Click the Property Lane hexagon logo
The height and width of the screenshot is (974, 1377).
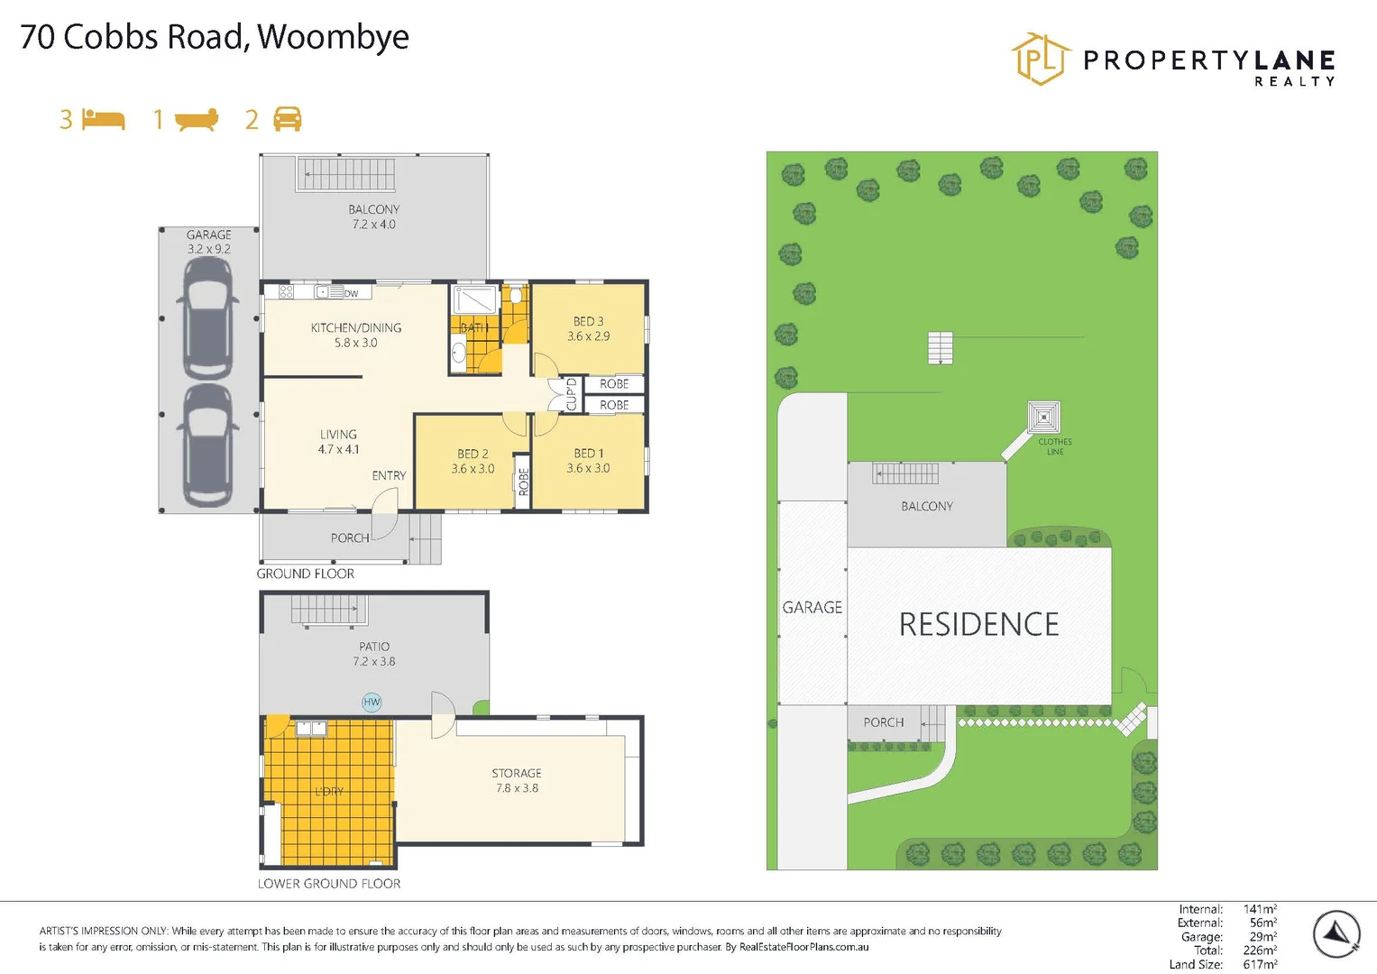1041,60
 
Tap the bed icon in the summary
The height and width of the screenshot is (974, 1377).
104,119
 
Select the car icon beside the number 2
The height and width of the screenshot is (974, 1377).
287,119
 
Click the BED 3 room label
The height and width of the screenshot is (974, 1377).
588,321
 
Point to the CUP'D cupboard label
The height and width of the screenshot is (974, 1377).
571,394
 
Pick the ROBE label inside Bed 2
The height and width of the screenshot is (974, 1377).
523,482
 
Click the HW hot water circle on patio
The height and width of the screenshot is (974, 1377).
372,702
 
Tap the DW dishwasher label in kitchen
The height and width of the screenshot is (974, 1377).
351,293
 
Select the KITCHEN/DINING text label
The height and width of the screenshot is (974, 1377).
356,327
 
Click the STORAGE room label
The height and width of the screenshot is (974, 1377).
517,773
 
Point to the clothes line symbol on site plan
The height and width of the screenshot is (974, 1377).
1043,418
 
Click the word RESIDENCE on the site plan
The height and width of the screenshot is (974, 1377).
979,624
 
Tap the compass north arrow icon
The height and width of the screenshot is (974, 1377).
1336,934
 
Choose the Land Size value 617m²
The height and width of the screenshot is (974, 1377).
1260,964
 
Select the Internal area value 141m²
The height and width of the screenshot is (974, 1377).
1260,909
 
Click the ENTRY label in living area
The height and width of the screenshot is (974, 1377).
389,475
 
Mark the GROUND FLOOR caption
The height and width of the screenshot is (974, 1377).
306,574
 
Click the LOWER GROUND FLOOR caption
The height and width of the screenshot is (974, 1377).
329,884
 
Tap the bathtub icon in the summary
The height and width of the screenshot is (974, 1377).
197,119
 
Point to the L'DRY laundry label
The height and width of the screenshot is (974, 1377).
329,791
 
